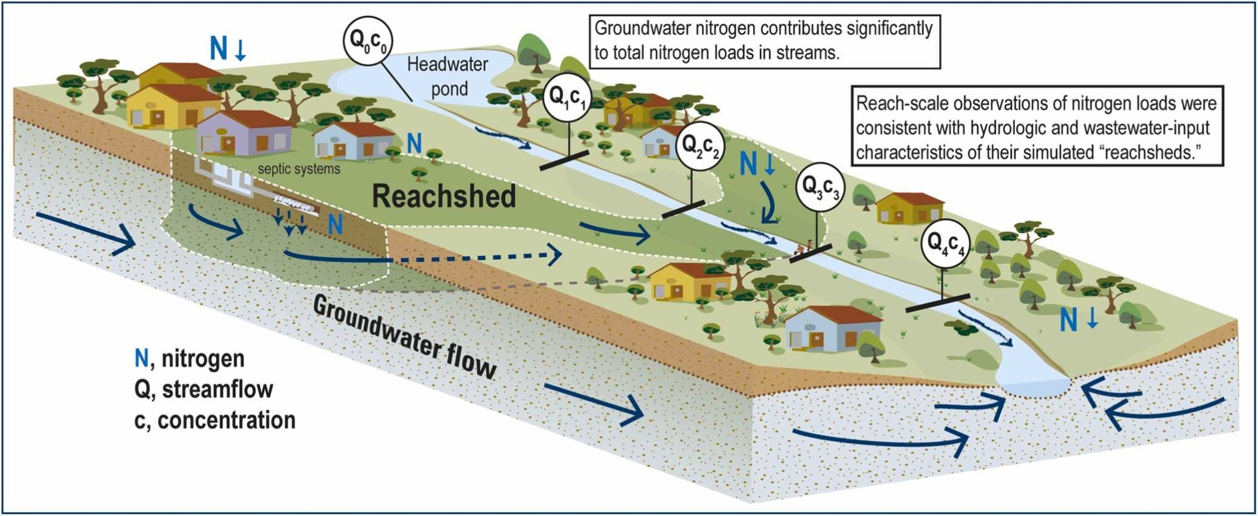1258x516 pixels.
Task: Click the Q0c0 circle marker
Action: click(368, 41)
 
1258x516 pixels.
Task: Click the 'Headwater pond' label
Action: click(447, 76)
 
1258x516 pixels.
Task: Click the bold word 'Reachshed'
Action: click(444, 196)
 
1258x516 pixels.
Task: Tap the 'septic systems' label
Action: click(299, 169)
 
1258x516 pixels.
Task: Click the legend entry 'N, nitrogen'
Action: click(189, 358)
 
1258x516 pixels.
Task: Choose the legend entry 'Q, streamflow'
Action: click(203, 389)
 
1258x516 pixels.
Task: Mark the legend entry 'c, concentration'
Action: click(214, 420)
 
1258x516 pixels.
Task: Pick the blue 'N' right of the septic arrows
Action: click(335, 224)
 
